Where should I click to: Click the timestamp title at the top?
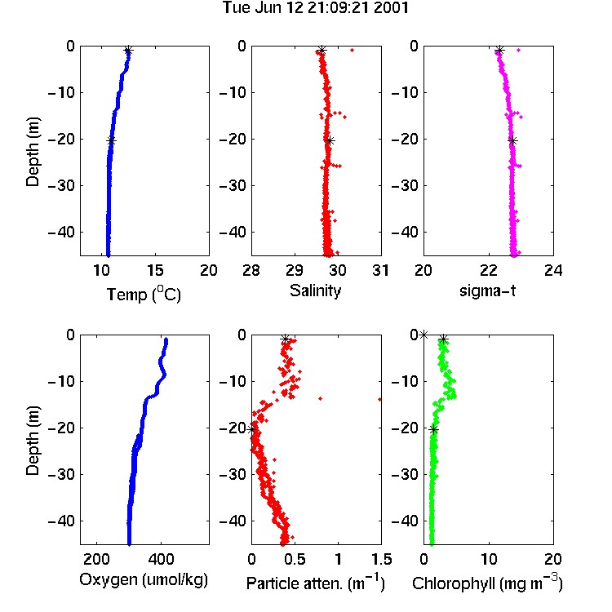(x=315, y=8)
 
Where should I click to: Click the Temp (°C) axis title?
(x=144, y=294)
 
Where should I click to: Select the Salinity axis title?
(x=315, y=290)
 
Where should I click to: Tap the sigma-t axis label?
(x=487, y=291)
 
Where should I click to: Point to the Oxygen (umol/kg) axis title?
(x=144, y=580)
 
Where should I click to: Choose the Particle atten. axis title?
(x=315, y=583)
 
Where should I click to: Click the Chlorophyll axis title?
(x=487, y=583)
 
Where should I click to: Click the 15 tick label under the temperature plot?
(x=155, y=270)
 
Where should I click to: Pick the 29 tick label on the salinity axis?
(x=295, y=270)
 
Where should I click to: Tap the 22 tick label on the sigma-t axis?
(x=489, y=270)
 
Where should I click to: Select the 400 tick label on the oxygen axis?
(x=162, y=559)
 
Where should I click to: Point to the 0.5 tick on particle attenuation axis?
(x=295, y=559)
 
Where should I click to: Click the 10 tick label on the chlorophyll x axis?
(x=489, y=559)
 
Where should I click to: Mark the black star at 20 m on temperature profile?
(x=111, y=141)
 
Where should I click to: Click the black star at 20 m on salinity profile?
(x=330, y=141)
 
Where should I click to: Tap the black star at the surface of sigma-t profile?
(x=499, y=51)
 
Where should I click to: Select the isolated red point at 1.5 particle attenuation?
(x=379, y=399)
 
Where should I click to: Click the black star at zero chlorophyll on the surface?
(x=424, y=335)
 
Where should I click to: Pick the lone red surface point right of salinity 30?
(x=352, y=50)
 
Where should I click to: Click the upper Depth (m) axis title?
(x=33, y=152)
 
